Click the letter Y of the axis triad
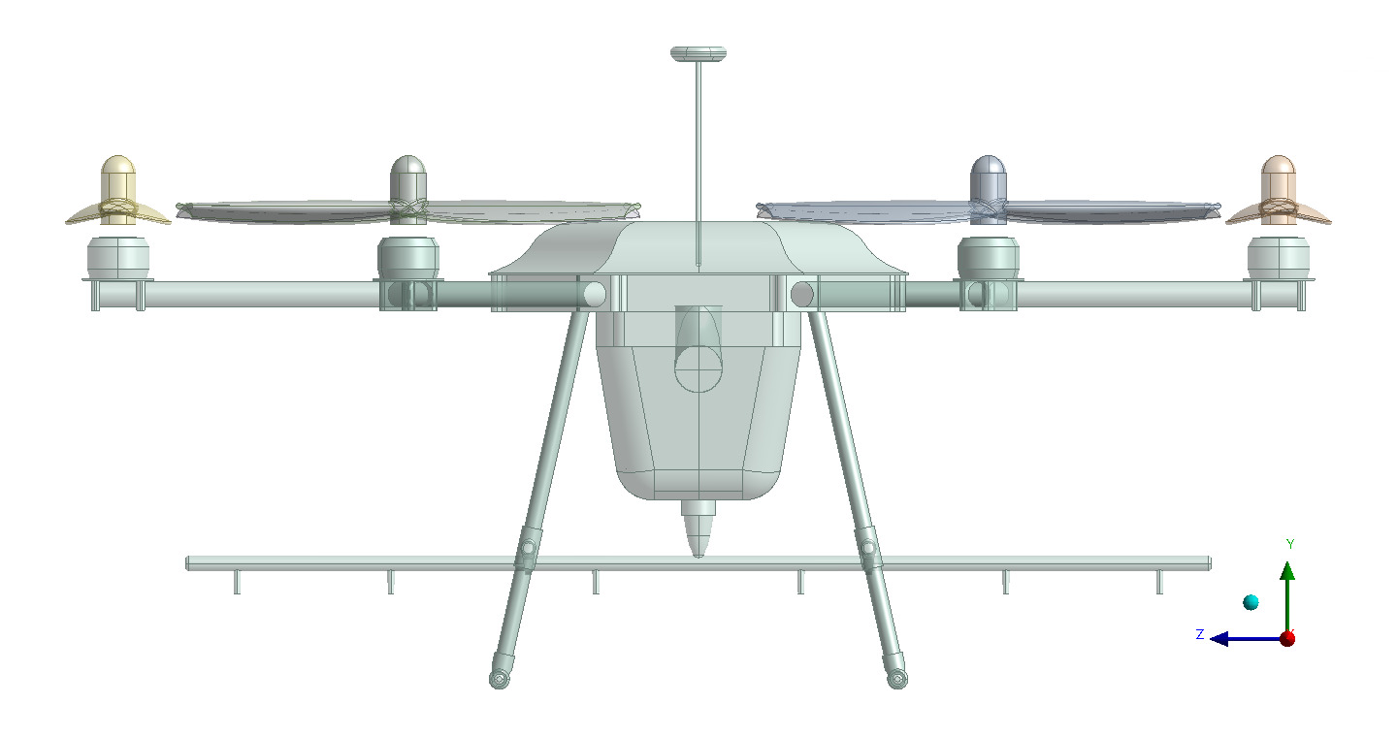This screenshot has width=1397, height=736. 1290,544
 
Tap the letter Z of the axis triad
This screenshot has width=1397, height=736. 1200,634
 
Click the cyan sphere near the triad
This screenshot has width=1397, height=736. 1251,603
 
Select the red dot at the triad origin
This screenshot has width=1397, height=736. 1287,638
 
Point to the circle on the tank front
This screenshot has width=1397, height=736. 699,368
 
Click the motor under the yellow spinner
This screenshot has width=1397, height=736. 118,257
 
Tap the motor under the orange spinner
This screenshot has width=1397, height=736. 1278,257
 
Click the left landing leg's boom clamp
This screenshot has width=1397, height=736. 527,551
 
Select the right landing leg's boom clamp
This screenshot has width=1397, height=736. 868,551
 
